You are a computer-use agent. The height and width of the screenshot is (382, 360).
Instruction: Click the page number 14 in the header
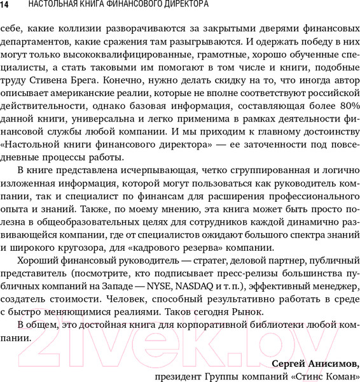coord(5,6)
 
